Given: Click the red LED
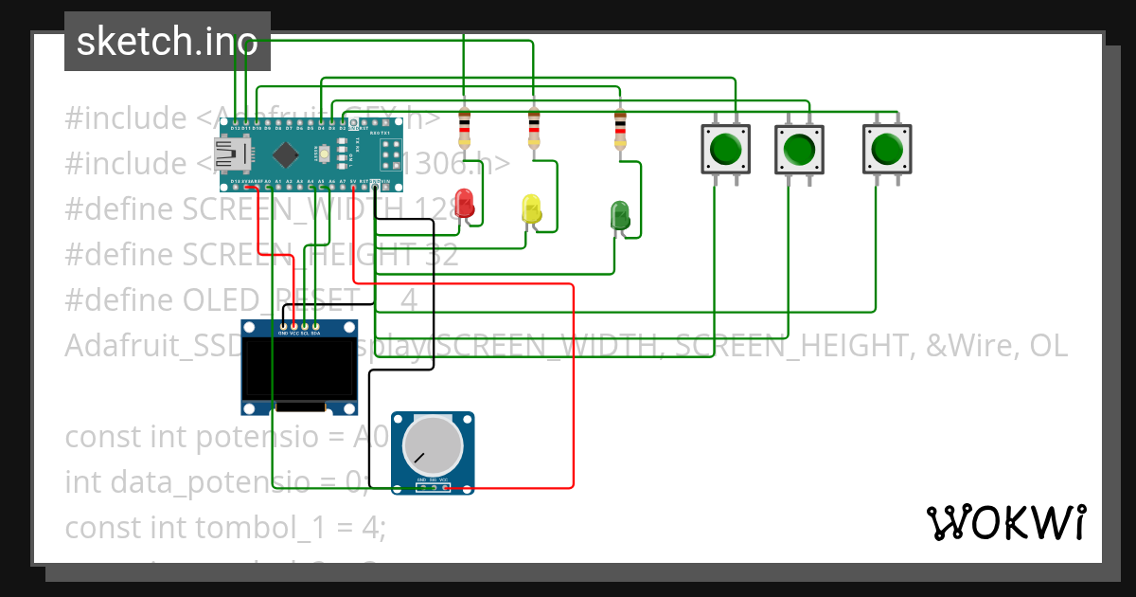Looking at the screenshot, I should click(465, 204).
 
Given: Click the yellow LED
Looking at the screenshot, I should click(531, 209).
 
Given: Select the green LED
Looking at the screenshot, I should click(620, 214).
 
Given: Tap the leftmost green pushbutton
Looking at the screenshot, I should click(725, 149).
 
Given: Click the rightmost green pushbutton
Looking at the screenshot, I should click(887, 149).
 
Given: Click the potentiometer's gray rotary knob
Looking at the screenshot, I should click(433, 446).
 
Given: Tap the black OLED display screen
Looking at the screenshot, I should click(299, 370).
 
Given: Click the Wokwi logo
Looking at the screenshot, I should click(1005, 522).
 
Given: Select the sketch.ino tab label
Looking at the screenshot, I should click(167, 42).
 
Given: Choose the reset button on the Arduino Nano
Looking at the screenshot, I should click(325, 152).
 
